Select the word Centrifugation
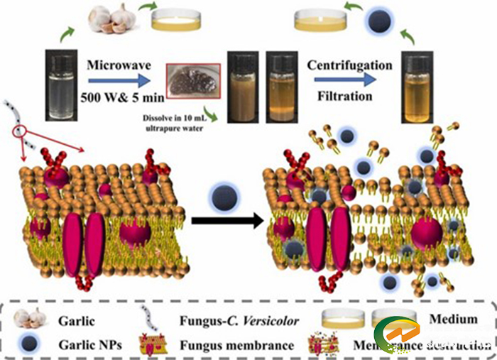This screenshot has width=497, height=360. point(349,65)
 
